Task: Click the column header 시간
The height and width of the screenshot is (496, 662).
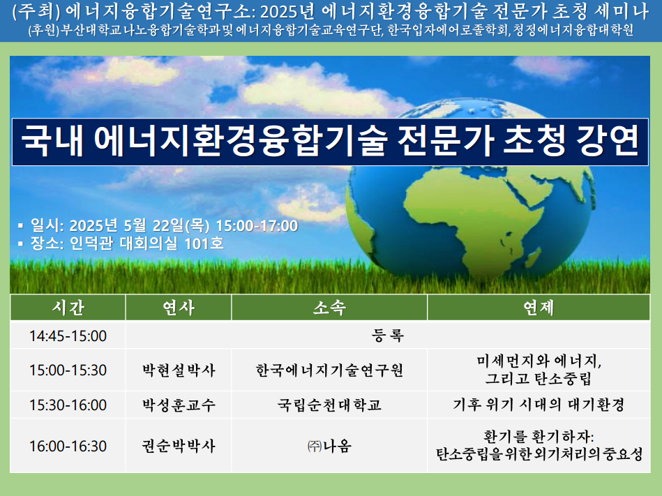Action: click(68, 308)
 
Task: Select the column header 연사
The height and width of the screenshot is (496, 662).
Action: click(179, 308)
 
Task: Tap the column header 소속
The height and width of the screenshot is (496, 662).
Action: click(329, 308)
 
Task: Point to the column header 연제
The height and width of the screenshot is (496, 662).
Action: click(539, 308)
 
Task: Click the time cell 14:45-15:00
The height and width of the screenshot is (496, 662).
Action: click(68, 336)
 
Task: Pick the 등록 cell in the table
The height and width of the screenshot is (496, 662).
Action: click(388, 336)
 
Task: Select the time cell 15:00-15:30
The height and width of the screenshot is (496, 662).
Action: click(68, 370)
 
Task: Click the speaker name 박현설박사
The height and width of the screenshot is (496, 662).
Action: click(179, 370)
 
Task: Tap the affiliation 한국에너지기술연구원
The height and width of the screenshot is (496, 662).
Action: click(329, 370)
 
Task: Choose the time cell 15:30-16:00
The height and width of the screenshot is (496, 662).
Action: click(68, 405)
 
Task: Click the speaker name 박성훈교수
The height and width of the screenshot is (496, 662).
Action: click(179, 405)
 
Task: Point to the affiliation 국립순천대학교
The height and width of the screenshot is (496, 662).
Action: click(329, 405)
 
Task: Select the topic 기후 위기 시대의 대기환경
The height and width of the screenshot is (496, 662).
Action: click(539, 405)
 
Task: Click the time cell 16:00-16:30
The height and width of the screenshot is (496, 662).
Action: click(68, 446)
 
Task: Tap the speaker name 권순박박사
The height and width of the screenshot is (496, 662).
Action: click(179, 446)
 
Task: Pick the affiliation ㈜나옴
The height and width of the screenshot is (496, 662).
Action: click(329, 446)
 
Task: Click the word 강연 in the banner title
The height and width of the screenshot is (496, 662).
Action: click(607, 141)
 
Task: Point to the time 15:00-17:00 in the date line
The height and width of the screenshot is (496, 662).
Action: click(257, 226)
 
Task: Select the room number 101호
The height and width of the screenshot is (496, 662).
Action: click(204, 243)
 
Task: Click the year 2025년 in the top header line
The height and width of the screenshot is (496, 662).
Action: click(287, 12)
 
